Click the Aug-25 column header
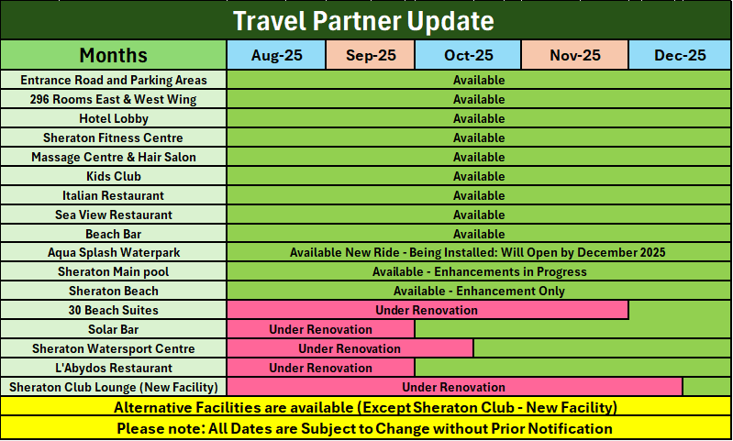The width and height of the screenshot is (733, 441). tap(276, 55)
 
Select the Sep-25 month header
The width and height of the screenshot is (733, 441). tap(371, 55)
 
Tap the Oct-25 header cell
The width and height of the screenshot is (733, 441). tap(468, 55)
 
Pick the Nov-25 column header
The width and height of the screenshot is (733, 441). tap(574, 55)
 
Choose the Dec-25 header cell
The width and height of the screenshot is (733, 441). tap(680, 55)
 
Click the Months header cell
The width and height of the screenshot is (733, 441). tap(114, 55)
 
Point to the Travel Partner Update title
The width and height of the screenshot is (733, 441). tap(363, 21)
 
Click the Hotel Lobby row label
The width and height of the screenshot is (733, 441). tap(114, 118)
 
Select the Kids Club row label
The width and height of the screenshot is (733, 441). tap(114, 176)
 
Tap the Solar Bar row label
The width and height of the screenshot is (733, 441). tap(114, 329)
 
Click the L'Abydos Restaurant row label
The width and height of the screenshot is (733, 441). tap(114, 369)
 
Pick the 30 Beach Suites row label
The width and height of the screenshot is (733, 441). tap(114, 310)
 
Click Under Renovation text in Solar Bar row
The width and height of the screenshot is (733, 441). tap(321, 329)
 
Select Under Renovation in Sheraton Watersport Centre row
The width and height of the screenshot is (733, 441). tap(350, 348)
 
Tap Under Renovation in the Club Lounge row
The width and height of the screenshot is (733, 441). tap(453, 387)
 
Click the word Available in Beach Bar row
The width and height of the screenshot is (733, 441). tap(479, 234)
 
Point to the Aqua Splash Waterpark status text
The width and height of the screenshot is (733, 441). tap(477, 253)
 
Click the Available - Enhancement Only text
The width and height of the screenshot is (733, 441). tap(479, 291)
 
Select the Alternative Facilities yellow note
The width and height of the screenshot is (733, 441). tap(365, 407)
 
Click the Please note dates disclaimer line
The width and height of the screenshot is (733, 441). tap(364, 428)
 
